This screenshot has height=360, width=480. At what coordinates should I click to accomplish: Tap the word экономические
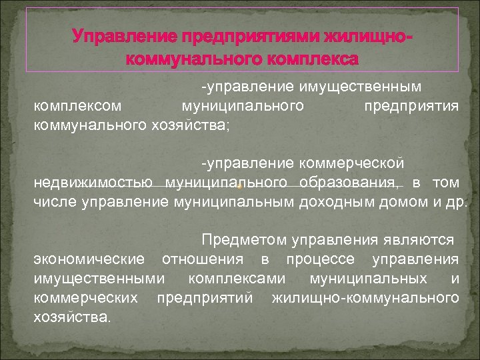[x=89, y=259]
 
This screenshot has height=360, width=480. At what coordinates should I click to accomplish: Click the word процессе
[x=315, y=259]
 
